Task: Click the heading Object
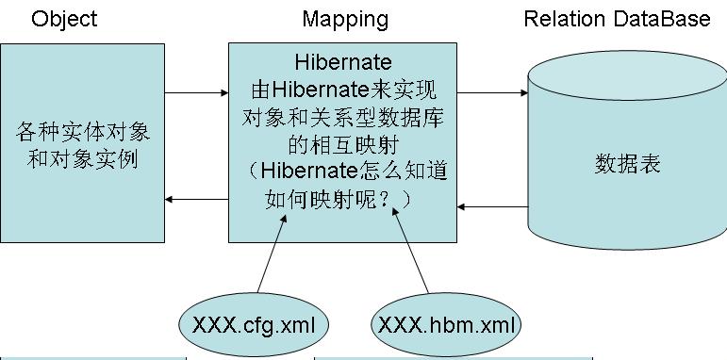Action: [x=64, y=19]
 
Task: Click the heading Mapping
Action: [x=344, y=19]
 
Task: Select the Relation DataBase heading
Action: [x=617, y=19]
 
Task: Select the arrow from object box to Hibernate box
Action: [x=197, y=92]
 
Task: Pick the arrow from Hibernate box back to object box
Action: [x=197, y=199]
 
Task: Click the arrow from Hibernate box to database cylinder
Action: [x=492, y=92]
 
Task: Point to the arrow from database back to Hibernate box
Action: [x=492, y=205]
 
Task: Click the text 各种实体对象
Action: [x=83, y=131]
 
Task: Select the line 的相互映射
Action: [x=343, y=145]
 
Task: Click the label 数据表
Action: [x=627, y=164]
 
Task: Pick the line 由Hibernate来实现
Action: [x=343, y=91]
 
